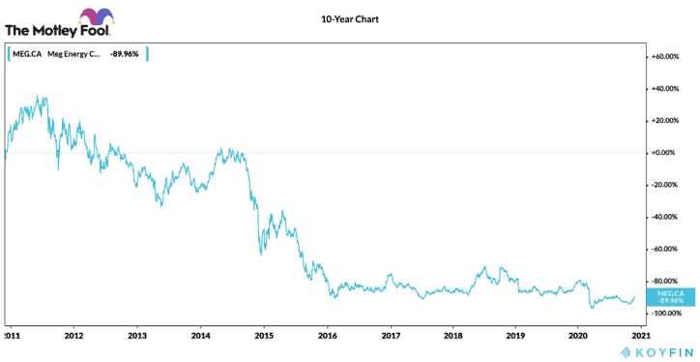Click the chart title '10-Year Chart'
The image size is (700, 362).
pos(350,19)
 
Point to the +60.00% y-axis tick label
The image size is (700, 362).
pos(670,57)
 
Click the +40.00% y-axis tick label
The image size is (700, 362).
pos(670,89)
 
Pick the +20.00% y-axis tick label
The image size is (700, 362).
pos(670,121)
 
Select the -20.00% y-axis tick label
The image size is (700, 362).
pos(670,185)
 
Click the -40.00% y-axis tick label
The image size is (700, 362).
pos(670,217)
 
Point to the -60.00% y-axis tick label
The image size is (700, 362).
pos(670,250)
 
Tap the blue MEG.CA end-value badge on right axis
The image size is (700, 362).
pos(670,296)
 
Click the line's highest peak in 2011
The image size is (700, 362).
pos(37,96)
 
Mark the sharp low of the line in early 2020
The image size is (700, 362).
pos(591,308)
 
